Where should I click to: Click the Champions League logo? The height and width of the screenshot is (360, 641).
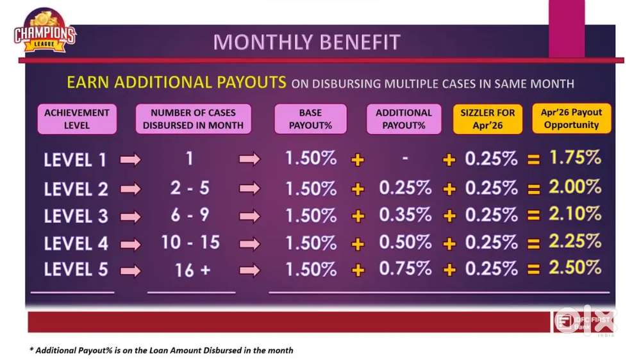coord(45,31)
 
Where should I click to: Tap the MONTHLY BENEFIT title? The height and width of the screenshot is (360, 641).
coord(306,42)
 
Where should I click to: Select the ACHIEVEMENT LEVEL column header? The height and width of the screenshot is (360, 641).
coord(77,119)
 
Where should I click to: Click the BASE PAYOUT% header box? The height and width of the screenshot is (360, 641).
coord(310,119)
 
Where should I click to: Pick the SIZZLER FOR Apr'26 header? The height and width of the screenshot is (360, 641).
coord(487,119)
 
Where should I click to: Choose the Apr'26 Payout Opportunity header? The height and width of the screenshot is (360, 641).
coord(571,119)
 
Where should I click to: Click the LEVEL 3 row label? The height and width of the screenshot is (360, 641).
coord(76,216)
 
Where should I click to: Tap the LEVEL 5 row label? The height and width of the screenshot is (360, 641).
coord(76,269)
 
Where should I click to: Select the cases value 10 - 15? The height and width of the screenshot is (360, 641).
coord(190,242)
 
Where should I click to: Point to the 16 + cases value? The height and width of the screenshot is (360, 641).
coord(192,270)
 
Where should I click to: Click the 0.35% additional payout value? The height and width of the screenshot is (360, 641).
coord(405,215)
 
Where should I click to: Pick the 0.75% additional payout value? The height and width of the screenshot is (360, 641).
coord(405,268)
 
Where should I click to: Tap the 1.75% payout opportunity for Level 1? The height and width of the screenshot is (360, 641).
coord(575,158)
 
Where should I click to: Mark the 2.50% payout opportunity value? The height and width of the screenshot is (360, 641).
coord(575,268)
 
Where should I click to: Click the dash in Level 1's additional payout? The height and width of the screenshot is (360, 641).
coord(404,158)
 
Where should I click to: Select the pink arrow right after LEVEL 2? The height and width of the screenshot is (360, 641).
coord(130,189)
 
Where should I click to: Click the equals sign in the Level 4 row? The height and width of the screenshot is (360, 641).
coord(533,244)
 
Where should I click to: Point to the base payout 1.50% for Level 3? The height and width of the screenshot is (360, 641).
coord(311,216)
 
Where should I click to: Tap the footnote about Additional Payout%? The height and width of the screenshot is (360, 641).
coord(162,350)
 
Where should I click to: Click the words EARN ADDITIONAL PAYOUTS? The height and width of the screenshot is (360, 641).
coord(176,82)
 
